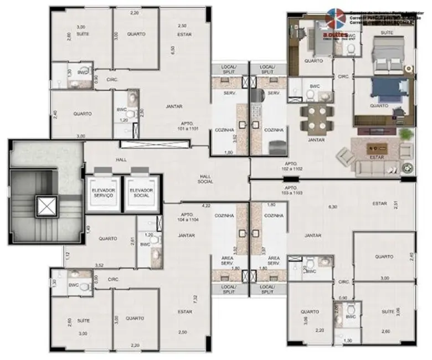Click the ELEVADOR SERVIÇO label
click(103, 193)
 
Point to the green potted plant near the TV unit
click(405, 135)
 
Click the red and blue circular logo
click(335, 18)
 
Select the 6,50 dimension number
click(173, 49)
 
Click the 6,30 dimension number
click(332, 207)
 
